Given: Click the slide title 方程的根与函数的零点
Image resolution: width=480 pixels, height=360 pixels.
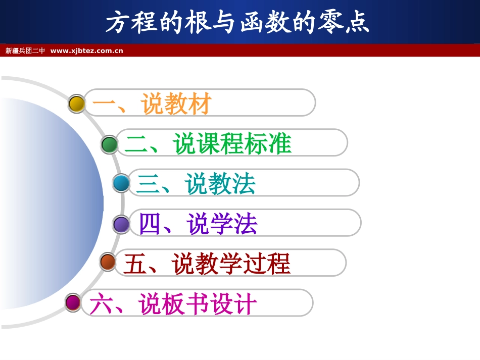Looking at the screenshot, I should click(237, 23).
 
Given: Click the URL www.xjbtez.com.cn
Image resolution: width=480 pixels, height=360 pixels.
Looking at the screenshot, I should click(87, 50).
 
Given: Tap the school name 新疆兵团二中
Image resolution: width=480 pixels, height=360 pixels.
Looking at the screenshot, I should click(25, 50).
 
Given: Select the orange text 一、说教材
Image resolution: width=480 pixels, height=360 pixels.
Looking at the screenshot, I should click(152, 104).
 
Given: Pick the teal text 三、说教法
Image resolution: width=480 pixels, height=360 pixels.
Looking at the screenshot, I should click(196, 184).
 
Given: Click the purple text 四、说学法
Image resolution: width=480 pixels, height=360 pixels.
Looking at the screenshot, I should click(198, 224).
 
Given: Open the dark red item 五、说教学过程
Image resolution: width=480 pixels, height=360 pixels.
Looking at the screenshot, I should click(207, 264).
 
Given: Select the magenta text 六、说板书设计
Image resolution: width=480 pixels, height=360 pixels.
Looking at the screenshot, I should click(173, 304).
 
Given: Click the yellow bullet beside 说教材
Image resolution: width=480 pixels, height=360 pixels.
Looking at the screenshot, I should click(77, 104).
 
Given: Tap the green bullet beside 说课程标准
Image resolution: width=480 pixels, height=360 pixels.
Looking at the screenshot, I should click(109, 144).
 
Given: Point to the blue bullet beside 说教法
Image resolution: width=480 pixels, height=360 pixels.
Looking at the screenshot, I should click(121, 183).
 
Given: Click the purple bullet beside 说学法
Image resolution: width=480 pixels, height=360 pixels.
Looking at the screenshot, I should click(121, 224).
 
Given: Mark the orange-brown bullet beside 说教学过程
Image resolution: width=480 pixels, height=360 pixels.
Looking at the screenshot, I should click(108, 262).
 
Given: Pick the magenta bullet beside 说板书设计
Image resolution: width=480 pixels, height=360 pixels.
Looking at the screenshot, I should click(73, 302).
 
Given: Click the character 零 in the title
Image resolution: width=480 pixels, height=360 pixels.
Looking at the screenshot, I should click(330, 23).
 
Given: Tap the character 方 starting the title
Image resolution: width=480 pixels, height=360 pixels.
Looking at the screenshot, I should click(118, 23).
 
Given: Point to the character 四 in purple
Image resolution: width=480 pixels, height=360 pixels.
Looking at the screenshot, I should click(150, 224).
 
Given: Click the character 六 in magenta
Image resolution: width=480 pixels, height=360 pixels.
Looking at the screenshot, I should click(101, 304).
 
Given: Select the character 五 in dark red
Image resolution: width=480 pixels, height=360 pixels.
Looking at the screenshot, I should click(135, 264).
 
